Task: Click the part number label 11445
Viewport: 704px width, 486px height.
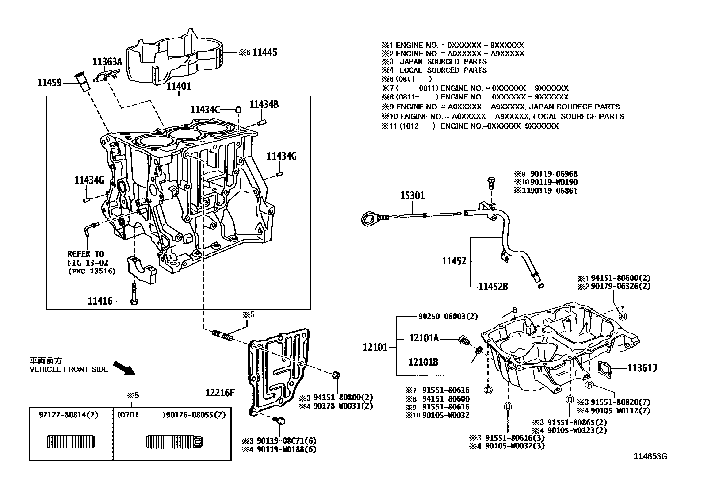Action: tap(264, 53)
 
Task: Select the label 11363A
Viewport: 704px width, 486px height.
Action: tap(107, 62)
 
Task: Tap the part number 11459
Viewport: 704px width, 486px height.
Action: tap(49, 82)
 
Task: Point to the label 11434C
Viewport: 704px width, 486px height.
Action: tap(205, 110)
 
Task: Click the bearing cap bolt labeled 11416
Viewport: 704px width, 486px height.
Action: tap(134, 294)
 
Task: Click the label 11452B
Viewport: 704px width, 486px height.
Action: tap(493, 287)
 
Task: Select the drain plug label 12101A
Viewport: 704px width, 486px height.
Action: tap(424, 338)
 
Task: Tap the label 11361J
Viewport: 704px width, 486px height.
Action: tap(642, 367)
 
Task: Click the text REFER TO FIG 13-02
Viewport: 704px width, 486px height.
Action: tap(86, 258)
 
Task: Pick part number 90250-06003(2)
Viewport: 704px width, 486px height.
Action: tap(448, 317)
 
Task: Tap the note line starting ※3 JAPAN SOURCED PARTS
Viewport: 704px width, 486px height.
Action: tap(435, 62)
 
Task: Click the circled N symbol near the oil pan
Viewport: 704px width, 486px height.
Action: tap(623, 316)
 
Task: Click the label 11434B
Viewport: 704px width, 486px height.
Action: tap(264, 104)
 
